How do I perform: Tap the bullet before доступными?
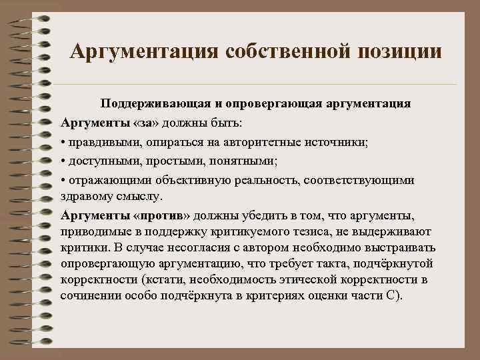click(63, 161)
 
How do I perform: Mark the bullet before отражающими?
click(63, 180)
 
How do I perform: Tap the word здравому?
click(85, 197)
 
